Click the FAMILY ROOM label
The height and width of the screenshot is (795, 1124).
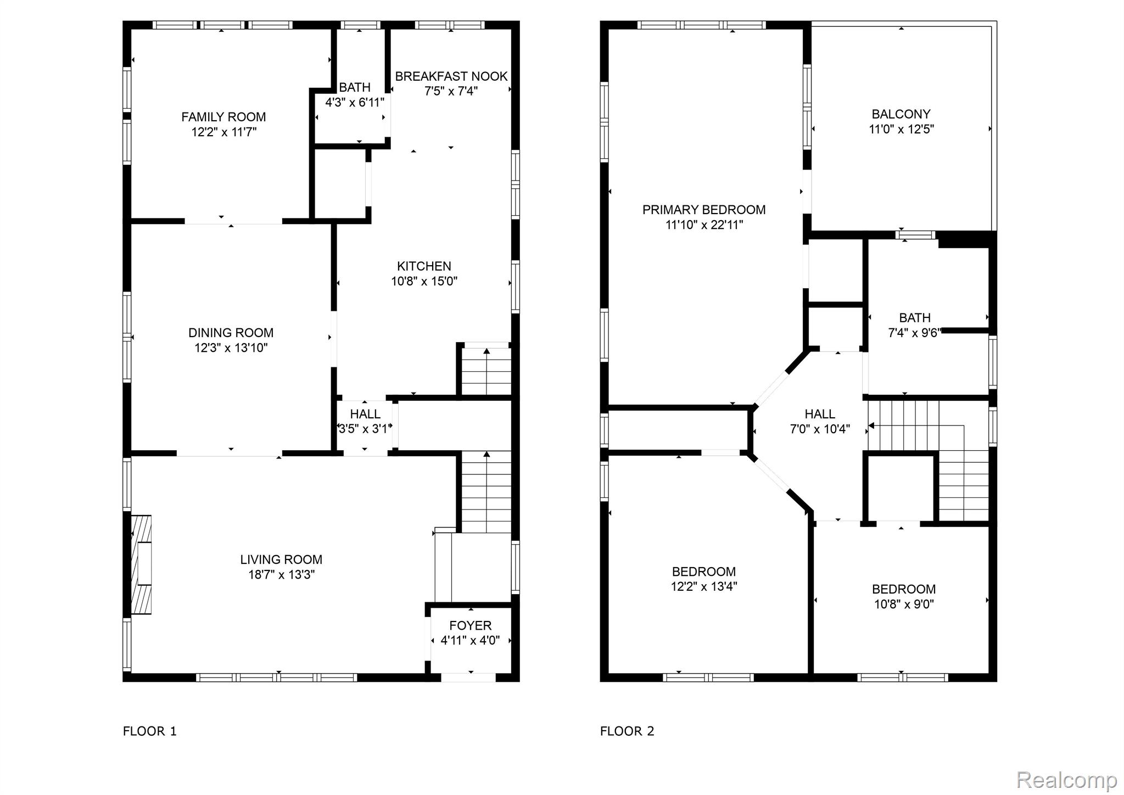223,117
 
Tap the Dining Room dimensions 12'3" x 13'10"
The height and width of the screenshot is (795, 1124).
231,348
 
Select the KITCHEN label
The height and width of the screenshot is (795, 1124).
424,266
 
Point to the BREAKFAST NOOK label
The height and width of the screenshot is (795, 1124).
451,76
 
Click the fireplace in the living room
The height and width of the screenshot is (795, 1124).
141,564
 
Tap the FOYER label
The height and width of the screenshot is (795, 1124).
471,625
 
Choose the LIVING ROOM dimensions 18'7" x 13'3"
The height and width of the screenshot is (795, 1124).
281,575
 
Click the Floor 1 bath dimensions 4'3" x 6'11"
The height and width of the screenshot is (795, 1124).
355,102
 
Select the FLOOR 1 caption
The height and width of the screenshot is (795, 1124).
150,731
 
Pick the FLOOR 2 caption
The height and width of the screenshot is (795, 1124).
627,731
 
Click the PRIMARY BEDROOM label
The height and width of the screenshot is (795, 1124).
704,210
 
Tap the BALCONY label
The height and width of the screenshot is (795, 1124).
901,114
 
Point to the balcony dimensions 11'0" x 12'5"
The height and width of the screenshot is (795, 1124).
901,130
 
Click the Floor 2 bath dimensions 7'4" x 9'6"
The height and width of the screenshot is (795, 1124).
915,333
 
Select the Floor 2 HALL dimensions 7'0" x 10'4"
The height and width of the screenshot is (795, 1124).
820,429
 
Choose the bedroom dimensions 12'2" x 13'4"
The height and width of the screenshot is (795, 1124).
704,586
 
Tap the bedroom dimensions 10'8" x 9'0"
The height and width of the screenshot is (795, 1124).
904,604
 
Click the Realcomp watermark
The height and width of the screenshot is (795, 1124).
1066,780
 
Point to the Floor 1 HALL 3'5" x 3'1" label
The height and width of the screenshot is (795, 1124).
365,421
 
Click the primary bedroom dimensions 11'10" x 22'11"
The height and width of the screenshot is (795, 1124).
704,225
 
